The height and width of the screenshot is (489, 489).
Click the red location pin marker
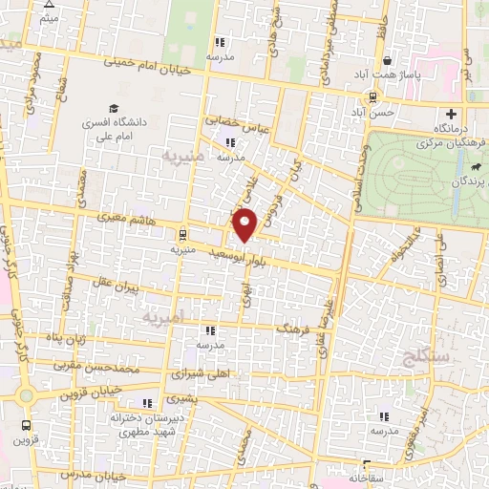[245, 223]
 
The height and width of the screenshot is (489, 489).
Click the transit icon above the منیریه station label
[181, 233]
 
